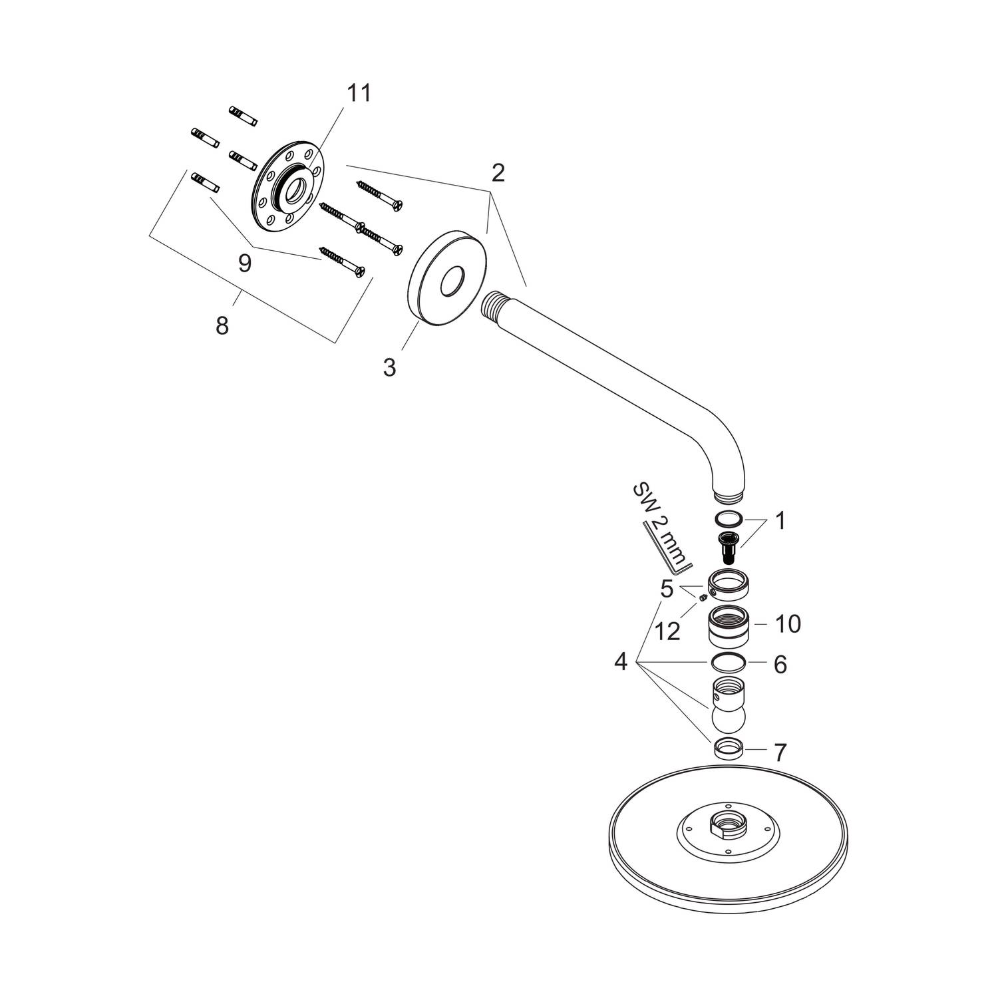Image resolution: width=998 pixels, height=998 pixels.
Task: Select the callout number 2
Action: tap(498, 173)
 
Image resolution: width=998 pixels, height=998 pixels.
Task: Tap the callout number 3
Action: tap(389, 367)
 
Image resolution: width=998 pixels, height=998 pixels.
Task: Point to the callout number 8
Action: tap(222, 326)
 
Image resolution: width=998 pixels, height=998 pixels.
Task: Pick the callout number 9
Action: tap(245, 264)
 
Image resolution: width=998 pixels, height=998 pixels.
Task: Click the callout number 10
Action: tap(788, 624)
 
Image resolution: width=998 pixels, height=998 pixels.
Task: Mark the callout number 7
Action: tap(780, 752)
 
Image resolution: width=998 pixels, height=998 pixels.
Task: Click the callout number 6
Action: tap(780, 664)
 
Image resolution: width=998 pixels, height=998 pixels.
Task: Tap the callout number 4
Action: tap(621, 662)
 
